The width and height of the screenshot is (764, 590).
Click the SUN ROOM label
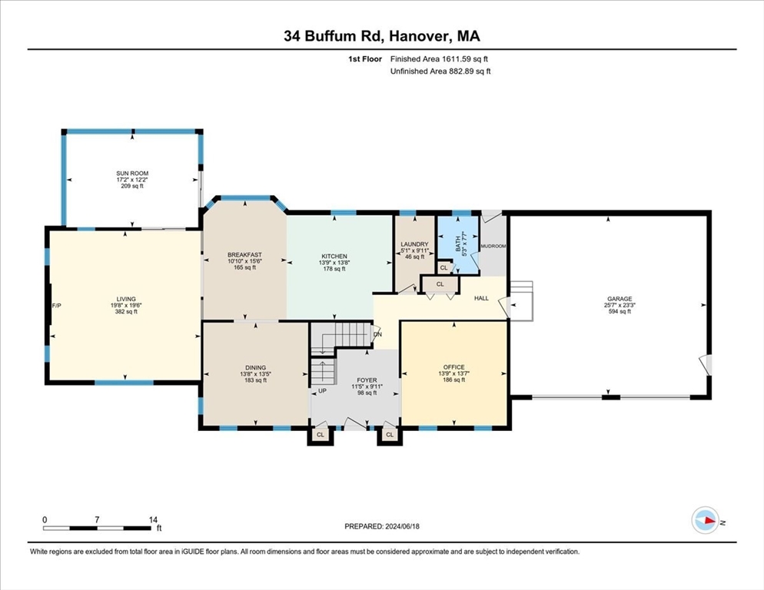tap(131, 174)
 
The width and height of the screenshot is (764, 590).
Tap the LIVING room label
tap(125, 300)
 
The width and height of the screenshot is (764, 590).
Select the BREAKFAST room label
tap(244, 255)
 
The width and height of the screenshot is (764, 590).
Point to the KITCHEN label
tap(334, 256)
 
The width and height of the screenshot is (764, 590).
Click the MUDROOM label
tap(493, 247)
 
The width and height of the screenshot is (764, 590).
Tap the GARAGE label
tap(619, 299)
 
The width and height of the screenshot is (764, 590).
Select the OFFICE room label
tap(453, 367)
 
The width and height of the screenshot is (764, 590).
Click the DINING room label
tap(255, 367)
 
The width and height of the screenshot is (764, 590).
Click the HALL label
tap(481, 298)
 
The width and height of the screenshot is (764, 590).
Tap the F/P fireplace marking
tap(56, 306)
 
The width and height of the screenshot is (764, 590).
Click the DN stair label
tap(377, 334)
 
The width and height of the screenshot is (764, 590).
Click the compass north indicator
tap(706, 521)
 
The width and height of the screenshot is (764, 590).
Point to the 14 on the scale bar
tap(154, 520)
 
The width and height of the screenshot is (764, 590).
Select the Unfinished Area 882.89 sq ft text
tap(440, 71)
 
